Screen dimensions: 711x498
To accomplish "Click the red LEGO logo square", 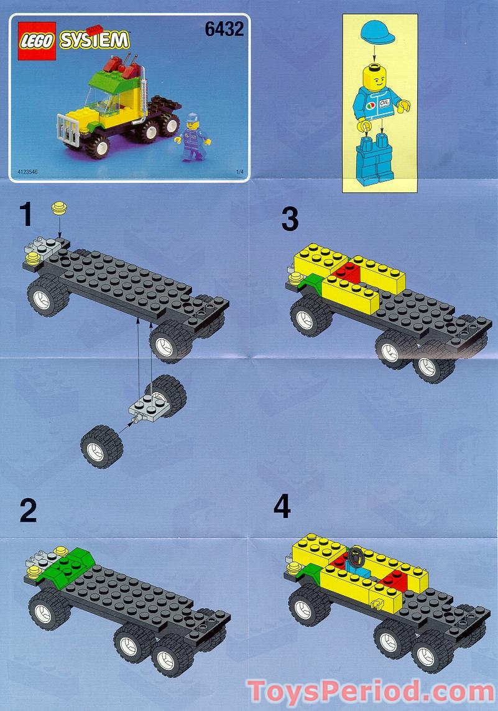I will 38,41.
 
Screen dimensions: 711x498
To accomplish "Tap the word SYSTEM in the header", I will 94,40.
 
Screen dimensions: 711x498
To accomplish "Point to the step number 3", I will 290,220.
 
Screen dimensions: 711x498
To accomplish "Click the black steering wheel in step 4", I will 357,553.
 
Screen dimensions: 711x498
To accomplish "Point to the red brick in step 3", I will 346,271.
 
